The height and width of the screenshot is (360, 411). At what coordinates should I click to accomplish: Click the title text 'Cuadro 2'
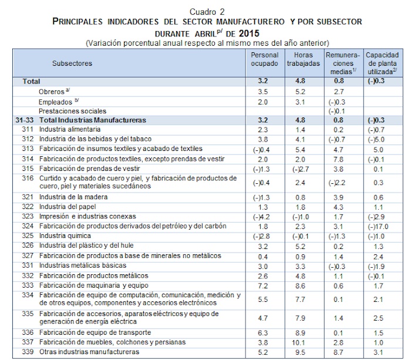[x=206, y=12]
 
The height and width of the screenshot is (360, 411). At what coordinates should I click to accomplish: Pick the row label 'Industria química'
[x=64, y=235]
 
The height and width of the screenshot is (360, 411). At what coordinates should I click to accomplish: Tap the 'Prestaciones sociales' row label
[x=72, y=110]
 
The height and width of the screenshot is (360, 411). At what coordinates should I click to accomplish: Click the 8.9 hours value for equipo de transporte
[x=302, y=332]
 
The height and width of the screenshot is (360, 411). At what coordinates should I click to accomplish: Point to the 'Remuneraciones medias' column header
[x=341, y=62]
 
